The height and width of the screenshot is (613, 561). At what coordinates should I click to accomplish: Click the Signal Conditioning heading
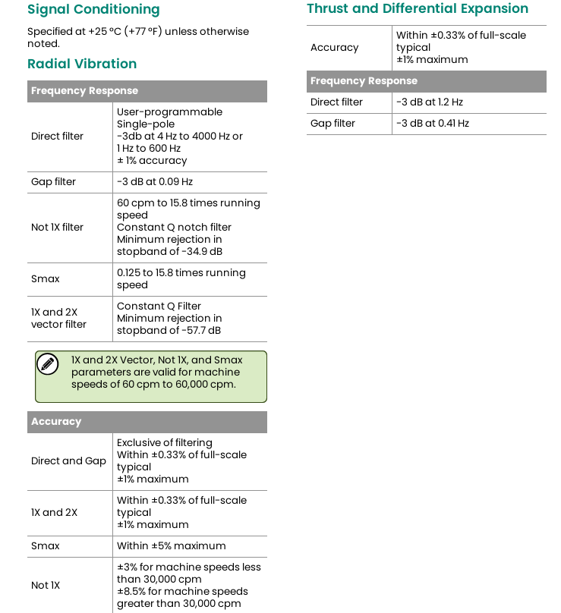93,10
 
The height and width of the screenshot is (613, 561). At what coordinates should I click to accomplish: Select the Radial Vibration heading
82,64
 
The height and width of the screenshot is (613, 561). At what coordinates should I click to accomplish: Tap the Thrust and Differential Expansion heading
418,9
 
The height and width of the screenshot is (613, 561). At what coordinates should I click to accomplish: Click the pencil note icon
48,364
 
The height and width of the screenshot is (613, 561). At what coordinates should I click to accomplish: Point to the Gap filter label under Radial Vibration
53,182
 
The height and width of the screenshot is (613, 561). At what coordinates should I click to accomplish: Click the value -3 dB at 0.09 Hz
155,182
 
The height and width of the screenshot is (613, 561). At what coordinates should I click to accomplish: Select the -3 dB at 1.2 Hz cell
429,102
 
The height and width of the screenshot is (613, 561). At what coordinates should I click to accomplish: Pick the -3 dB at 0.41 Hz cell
432,124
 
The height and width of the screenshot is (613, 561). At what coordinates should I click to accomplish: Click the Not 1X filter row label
57,228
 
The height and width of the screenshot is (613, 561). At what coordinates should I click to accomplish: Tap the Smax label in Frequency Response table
45,279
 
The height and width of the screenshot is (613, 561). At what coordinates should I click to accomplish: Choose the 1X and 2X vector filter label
58,319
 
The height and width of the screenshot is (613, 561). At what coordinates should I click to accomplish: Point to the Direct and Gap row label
68,461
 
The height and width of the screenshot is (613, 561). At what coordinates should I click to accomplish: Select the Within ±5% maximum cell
171,546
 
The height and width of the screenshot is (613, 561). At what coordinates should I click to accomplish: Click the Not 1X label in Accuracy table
46,586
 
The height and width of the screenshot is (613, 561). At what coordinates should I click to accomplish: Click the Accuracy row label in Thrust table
334,48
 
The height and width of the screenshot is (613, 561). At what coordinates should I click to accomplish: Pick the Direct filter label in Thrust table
336,102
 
